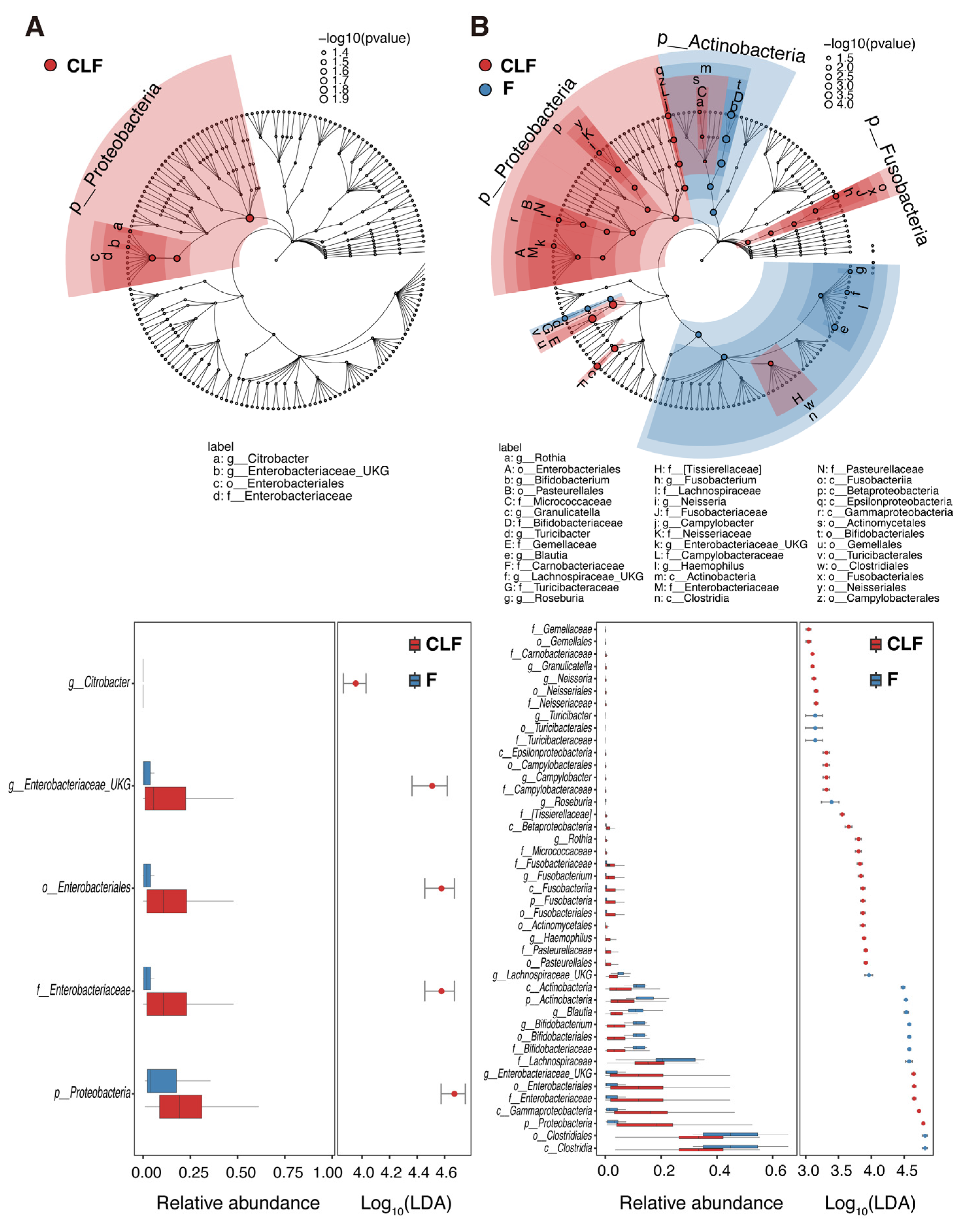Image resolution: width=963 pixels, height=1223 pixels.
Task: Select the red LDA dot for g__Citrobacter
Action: point(356,683)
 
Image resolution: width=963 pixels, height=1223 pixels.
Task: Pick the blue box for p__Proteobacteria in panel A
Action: point(162,1081)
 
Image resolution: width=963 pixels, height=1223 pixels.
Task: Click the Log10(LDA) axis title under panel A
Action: point(406,1204)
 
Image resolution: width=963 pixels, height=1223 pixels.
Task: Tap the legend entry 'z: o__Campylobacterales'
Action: point(878,598)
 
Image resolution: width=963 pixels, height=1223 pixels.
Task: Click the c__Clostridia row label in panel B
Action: point(568,1148)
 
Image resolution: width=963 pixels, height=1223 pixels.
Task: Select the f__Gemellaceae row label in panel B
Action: point(562,629)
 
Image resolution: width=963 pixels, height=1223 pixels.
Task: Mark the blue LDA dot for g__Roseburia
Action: point(831,801)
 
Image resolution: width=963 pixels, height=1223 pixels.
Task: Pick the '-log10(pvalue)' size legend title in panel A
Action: point(364,38)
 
